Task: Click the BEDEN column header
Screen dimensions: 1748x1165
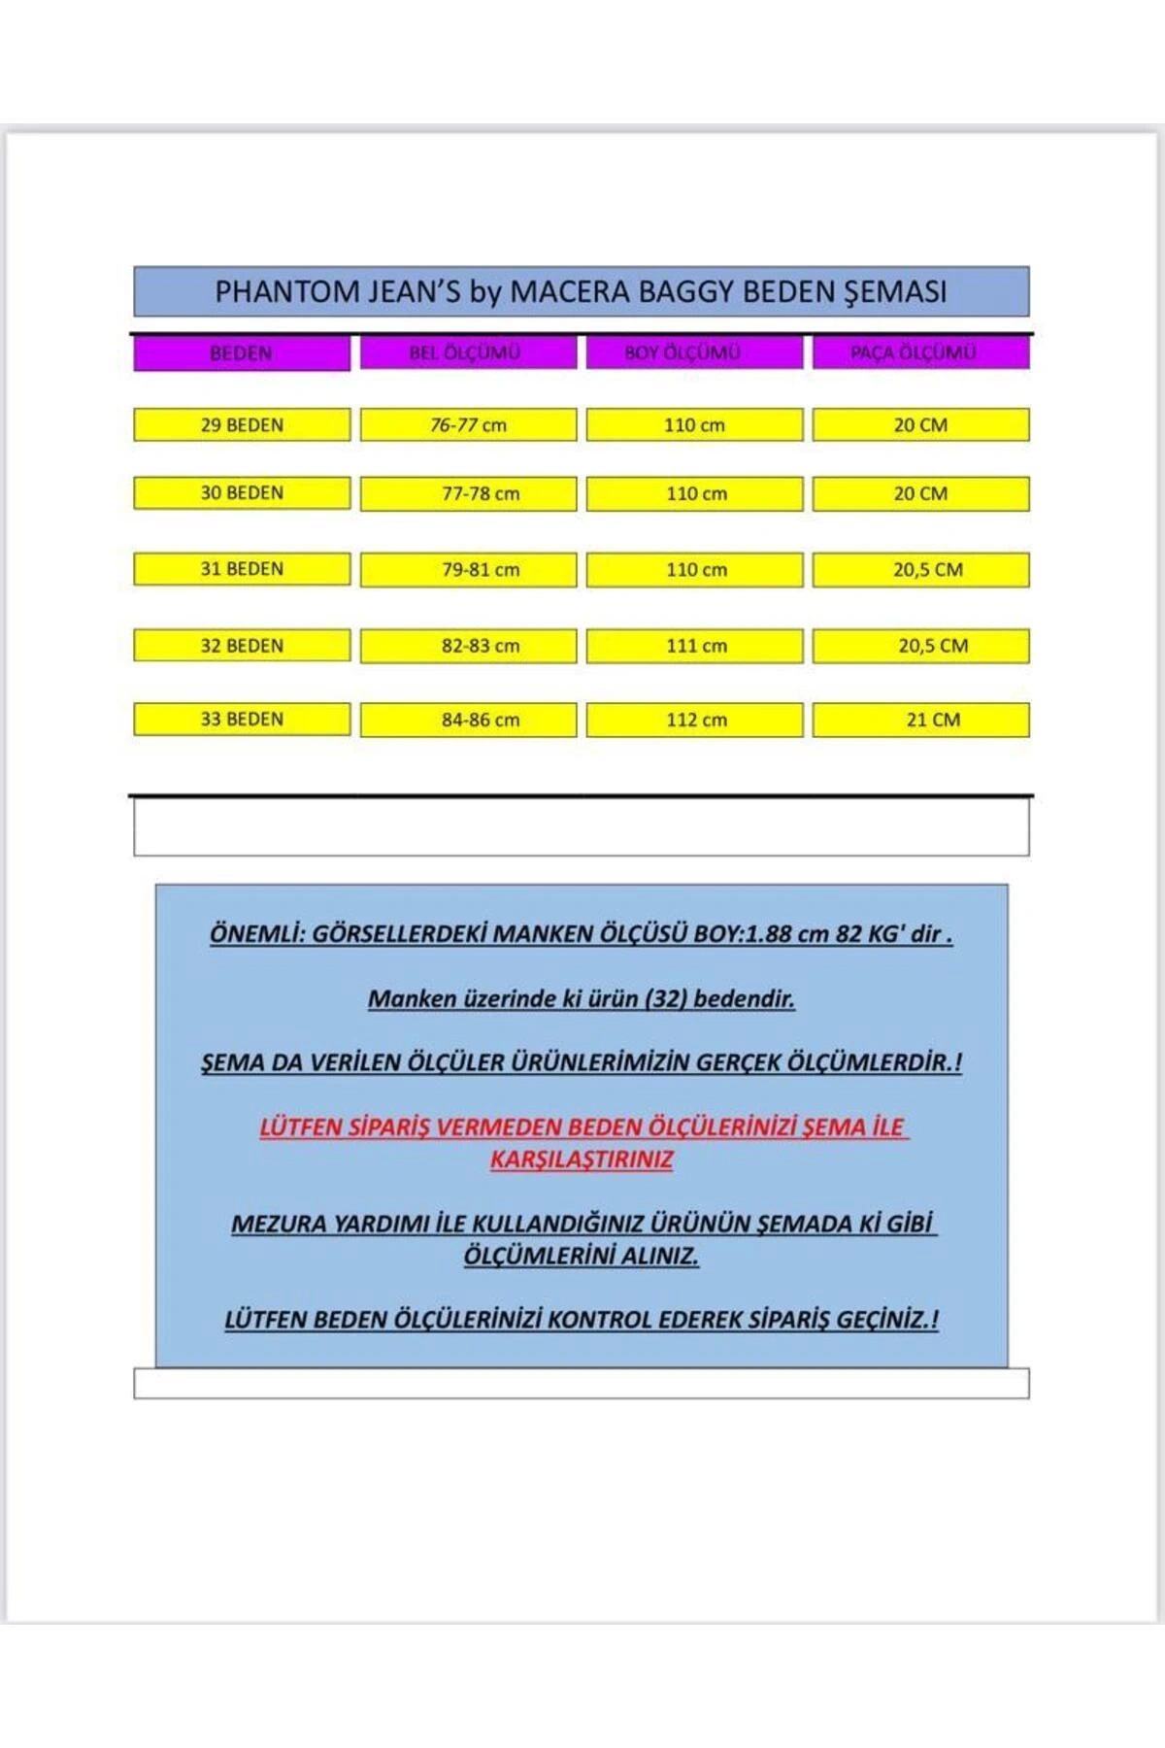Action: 242,353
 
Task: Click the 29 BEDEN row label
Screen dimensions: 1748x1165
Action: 242,425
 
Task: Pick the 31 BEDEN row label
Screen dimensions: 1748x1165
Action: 242,569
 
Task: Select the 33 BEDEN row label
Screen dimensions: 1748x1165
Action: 242,720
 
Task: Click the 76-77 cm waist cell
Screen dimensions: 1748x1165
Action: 468,425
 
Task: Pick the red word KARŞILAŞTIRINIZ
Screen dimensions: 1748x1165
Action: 581,1160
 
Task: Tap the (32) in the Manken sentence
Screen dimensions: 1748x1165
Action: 666,998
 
